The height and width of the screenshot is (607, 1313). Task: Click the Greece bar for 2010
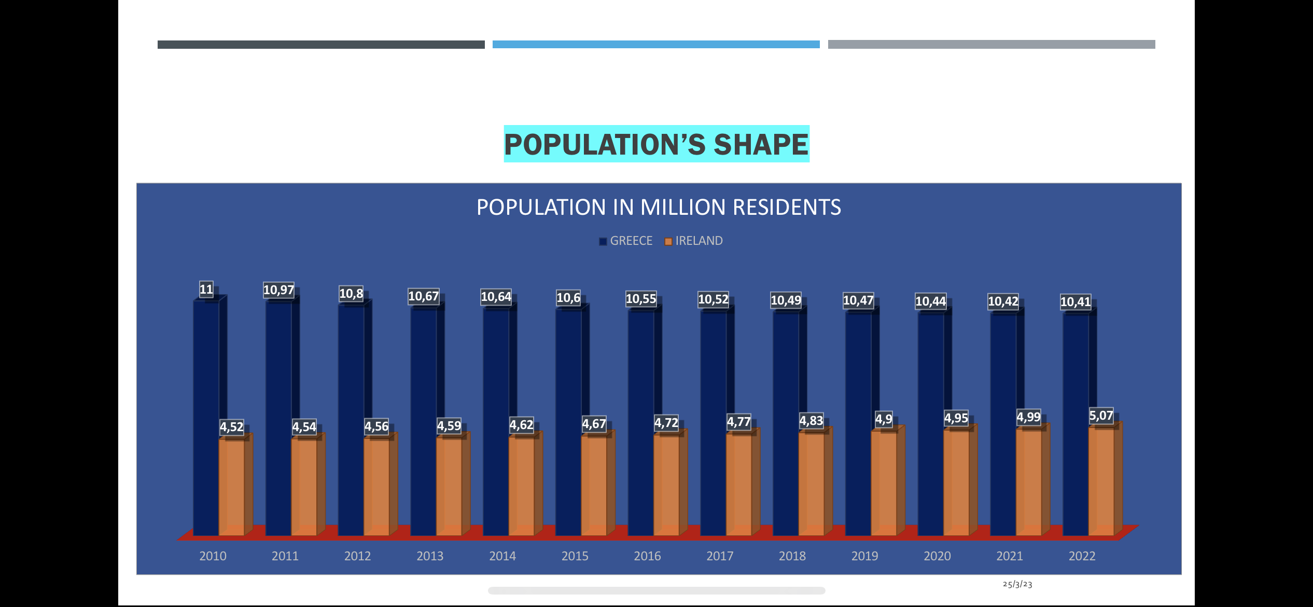(x=206, y=415)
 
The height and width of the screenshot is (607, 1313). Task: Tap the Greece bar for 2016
(x=640, y=420)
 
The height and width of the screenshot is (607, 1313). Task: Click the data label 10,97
(x=278, y=290)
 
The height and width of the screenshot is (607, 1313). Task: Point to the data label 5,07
(x=1100, y=416)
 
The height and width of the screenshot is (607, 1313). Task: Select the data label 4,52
(x=231, y=427)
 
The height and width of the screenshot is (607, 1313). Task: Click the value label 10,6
(x=568, y=298)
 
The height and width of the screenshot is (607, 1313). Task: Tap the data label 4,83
(x=811, y=421)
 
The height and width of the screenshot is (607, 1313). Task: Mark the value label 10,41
(x=1075, y=302)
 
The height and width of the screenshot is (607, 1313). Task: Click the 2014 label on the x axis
(x=502, y=556)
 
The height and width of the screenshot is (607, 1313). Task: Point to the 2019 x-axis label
(x=864, y=556)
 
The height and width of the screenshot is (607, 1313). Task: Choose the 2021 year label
(x=1010, y=556)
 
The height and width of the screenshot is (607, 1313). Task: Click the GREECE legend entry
(x=631, y=241)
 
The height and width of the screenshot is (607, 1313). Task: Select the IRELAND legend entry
(x=699, y=241)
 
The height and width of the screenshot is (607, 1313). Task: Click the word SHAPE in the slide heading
(x=761, y=144)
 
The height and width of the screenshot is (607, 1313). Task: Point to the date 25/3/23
(x=1017, y=584)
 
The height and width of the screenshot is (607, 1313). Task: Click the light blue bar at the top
(x=656, y=45)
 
